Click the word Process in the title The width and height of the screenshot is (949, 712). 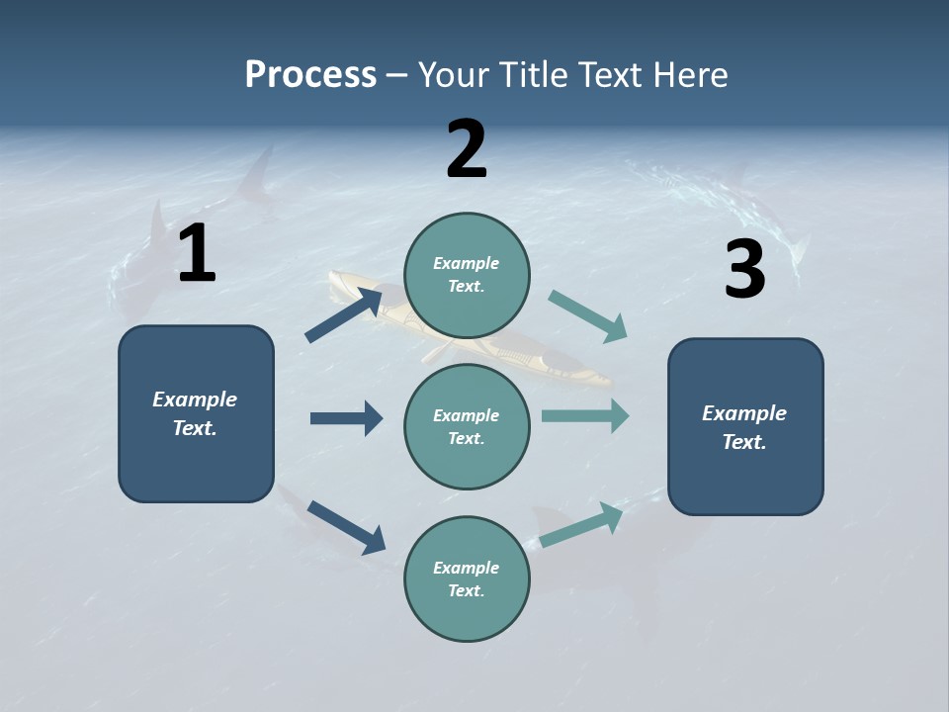pos(310,75)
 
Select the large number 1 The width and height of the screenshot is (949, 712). pos(197,254)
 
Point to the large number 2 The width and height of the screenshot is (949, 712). pos(467,149)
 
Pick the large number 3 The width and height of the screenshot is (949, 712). pos(744,270)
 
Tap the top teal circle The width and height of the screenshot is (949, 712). pos(467,275)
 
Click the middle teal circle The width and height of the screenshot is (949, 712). pos(467,426)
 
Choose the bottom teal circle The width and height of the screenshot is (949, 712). pos(467,578)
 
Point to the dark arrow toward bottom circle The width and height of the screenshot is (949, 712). pos(346,526)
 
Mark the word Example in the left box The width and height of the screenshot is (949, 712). pos(195,400)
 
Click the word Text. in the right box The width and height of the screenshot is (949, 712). pos(744,442)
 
